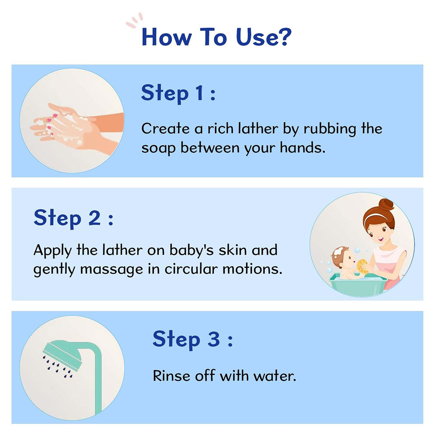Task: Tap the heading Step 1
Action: point(178,94)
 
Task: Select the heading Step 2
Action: point(73,218)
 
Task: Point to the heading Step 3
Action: point(193,339)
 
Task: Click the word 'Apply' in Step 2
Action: point(52,250)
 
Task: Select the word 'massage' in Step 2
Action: point(112,269)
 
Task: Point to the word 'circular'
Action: point(191,269)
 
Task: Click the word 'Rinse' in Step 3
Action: point(171,376)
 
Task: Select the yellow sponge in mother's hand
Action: point(362,267)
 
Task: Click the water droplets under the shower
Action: point(58,367)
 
